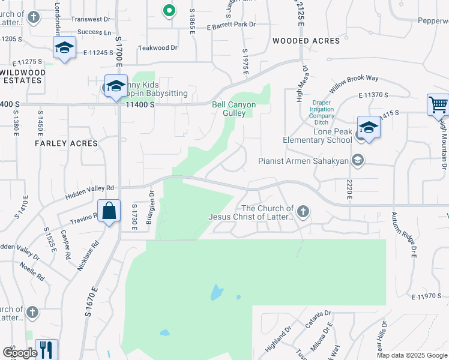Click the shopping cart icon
pyautogui.click(x=439, y=104)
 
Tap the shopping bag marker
pyautogui.click(x=109, y=211)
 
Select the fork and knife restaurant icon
pyautogui.click(x=46, y=349)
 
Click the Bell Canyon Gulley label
pyautogui.click(x=234, y=109)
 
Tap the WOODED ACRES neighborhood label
pyautogui.click(x=306, y=41)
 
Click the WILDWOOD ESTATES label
pyautogui.click(x=23, y=76)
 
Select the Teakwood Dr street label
pyautogui.click(x=158, y=47)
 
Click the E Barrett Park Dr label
pyautogui.click(x=232, y=25)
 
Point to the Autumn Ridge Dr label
pyautogui.click(x=404, y=235)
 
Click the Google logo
pyautogui.click(x=19, y=352)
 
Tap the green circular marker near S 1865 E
pyautogui.click(x=169, y=10)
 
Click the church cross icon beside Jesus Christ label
pyautogui.click(x=303, y=211)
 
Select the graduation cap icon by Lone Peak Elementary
pyautogui.click(x=369, y=127)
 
